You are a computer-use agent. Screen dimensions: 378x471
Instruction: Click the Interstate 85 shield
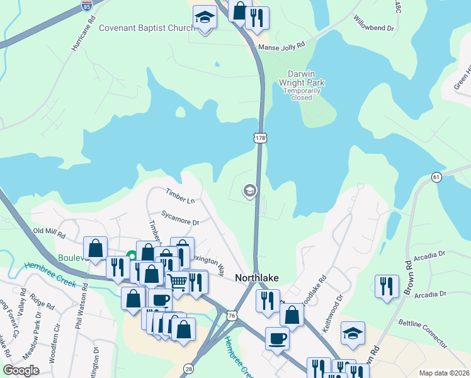87,6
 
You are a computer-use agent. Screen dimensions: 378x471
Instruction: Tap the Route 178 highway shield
259,137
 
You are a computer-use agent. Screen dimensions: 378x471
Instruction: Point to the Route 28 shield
189,368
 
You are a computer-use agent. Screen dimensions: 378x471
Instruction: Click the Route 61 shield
436,178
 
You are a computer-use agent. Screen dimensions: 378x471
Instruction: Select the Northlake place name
257,278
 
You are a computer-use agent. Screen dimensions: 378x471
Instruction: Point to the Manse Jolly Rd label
281,46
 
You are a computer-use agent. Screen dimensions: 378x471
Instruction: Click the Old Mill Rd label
49,232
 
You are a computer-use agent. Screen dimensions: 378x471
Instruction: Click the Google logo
21,370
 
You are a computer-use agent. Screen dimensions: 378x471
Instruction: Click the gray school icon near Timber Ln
249,190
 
